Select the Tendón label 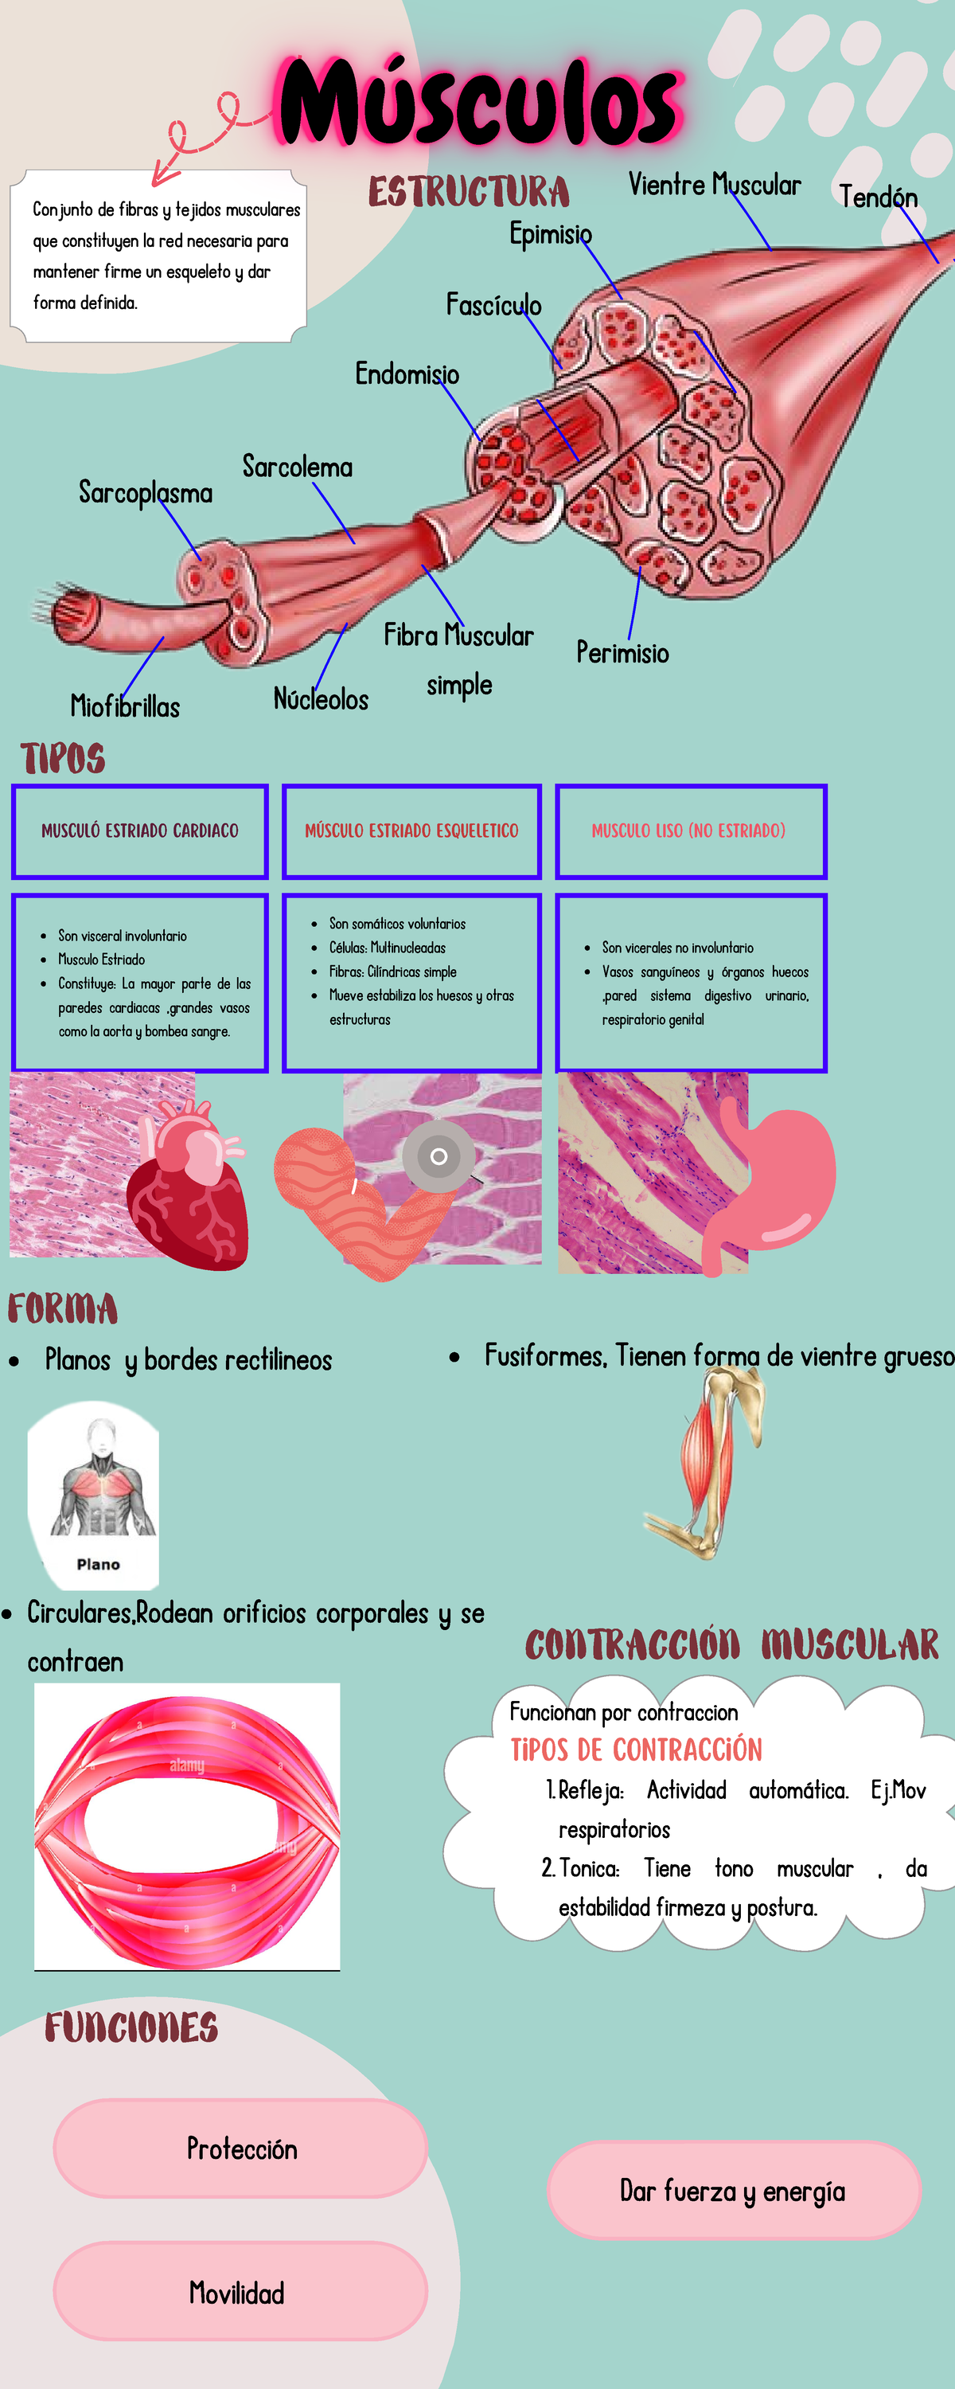877,197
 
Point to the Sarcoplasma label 146,492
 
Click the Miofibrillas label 125,706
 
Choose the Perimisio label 622,653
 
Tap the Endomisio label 407,373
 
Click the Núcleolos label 321,699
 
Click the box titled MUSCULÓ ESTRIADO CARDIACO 140,831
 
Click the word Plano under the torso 98,1565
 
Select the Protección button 241,2148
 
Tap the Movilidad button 237,2293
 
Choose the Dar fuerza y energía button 732,2191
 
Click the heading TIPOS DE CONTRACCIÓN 636,1750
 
